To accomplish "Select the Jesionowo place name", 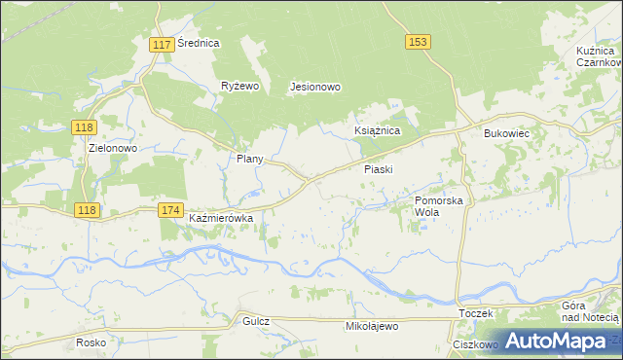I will tap(315, 87).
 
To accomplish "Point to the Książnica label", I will tap(376, 129).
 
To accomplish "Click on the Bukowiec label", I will tap(505, 133).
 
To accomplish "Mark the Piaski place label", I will tap(378, 169).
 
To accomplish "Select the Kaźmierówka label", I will tap(221, 219).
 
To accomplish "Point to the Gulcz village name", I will tap(256, 321).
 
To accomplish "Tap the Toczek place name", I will tap(477, 314).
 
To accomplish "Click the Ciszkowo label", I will tap(475, 344).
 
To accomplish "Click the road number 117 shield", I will tap(163, 45).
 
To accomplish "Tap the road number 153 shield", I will tap(418, 42).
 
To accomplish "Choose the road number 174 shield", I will tap(171, 210).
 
